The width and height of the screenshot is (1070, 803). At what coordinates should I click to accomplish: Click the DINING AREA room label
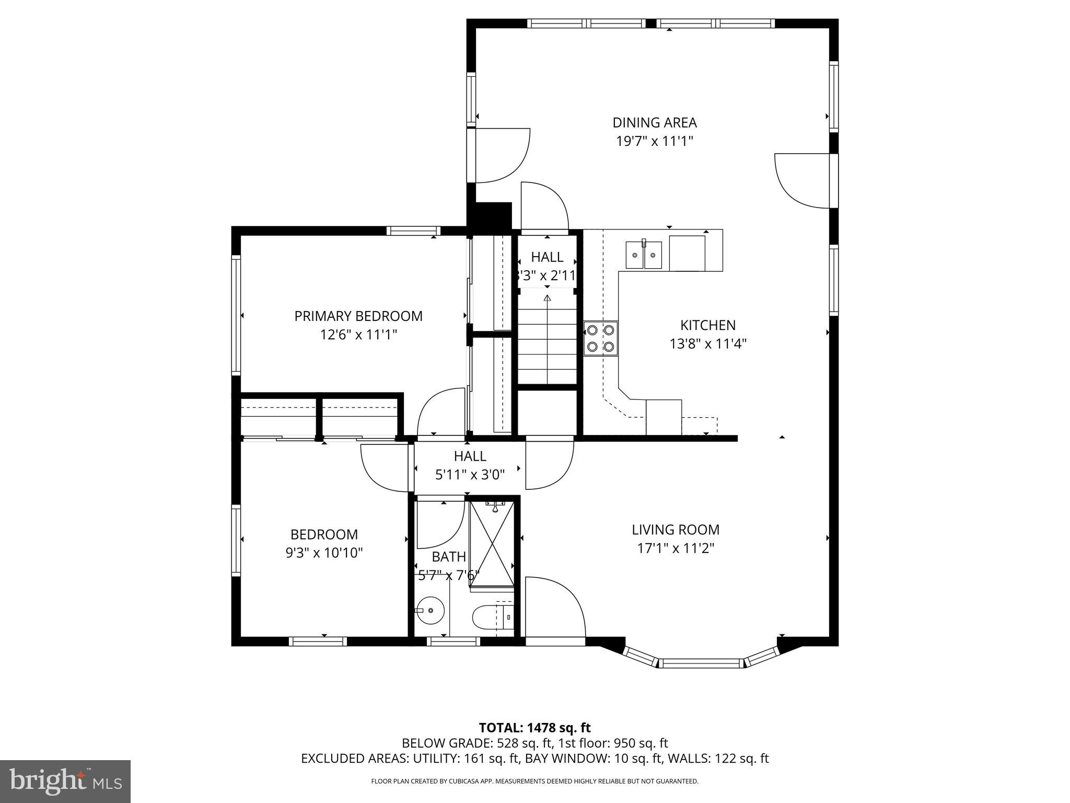pos(654,123)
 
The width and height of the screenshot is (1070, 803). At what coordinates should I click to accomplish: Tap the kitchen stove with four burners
pos(600,338)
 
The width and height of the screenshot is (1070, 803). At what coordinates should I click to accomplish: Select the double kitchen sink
pos(644,255)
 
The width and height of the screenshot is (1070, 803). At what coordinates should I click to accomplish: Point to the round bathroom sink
pos(431,610)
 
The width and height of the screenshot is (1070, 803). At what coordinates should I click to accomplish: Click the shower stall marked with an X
pos(491,544)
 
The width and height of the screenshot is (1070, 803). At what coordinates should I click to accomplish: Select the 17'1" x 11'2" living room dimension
pos(675,548)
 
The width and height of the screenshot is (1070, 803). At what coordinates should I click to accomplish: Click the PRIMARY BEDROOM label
pos(358,316)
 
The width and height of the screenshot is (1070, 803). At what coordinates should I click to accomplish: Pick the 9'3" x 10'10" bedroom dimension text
pos(324,553)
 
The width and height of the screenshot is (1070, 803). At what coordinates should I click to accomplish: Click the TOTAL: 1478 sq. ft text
pos(534,728)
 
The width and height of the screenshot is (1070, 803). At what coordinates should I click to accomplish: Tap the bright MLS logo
pos(65,781)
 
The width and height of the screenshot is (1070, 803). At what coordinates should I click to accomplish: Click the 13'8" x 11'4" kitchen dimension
pos(708,344)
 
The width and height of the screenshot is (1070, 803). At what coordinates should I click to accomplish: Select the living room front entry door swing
pos(554,606)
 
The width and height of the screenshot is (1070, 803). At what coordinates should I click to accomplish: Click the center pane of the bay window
pos(700,663)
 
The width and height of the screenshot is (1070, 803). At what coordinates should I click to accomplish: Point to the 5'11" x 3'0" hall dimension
pos(470,475)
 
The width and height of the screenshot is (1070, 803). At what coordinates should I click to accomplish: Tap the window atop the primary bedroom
pos(413,231)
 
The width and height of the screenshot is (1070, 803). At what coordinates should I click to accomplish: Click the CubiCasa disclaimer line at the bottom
pos(534,781)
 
